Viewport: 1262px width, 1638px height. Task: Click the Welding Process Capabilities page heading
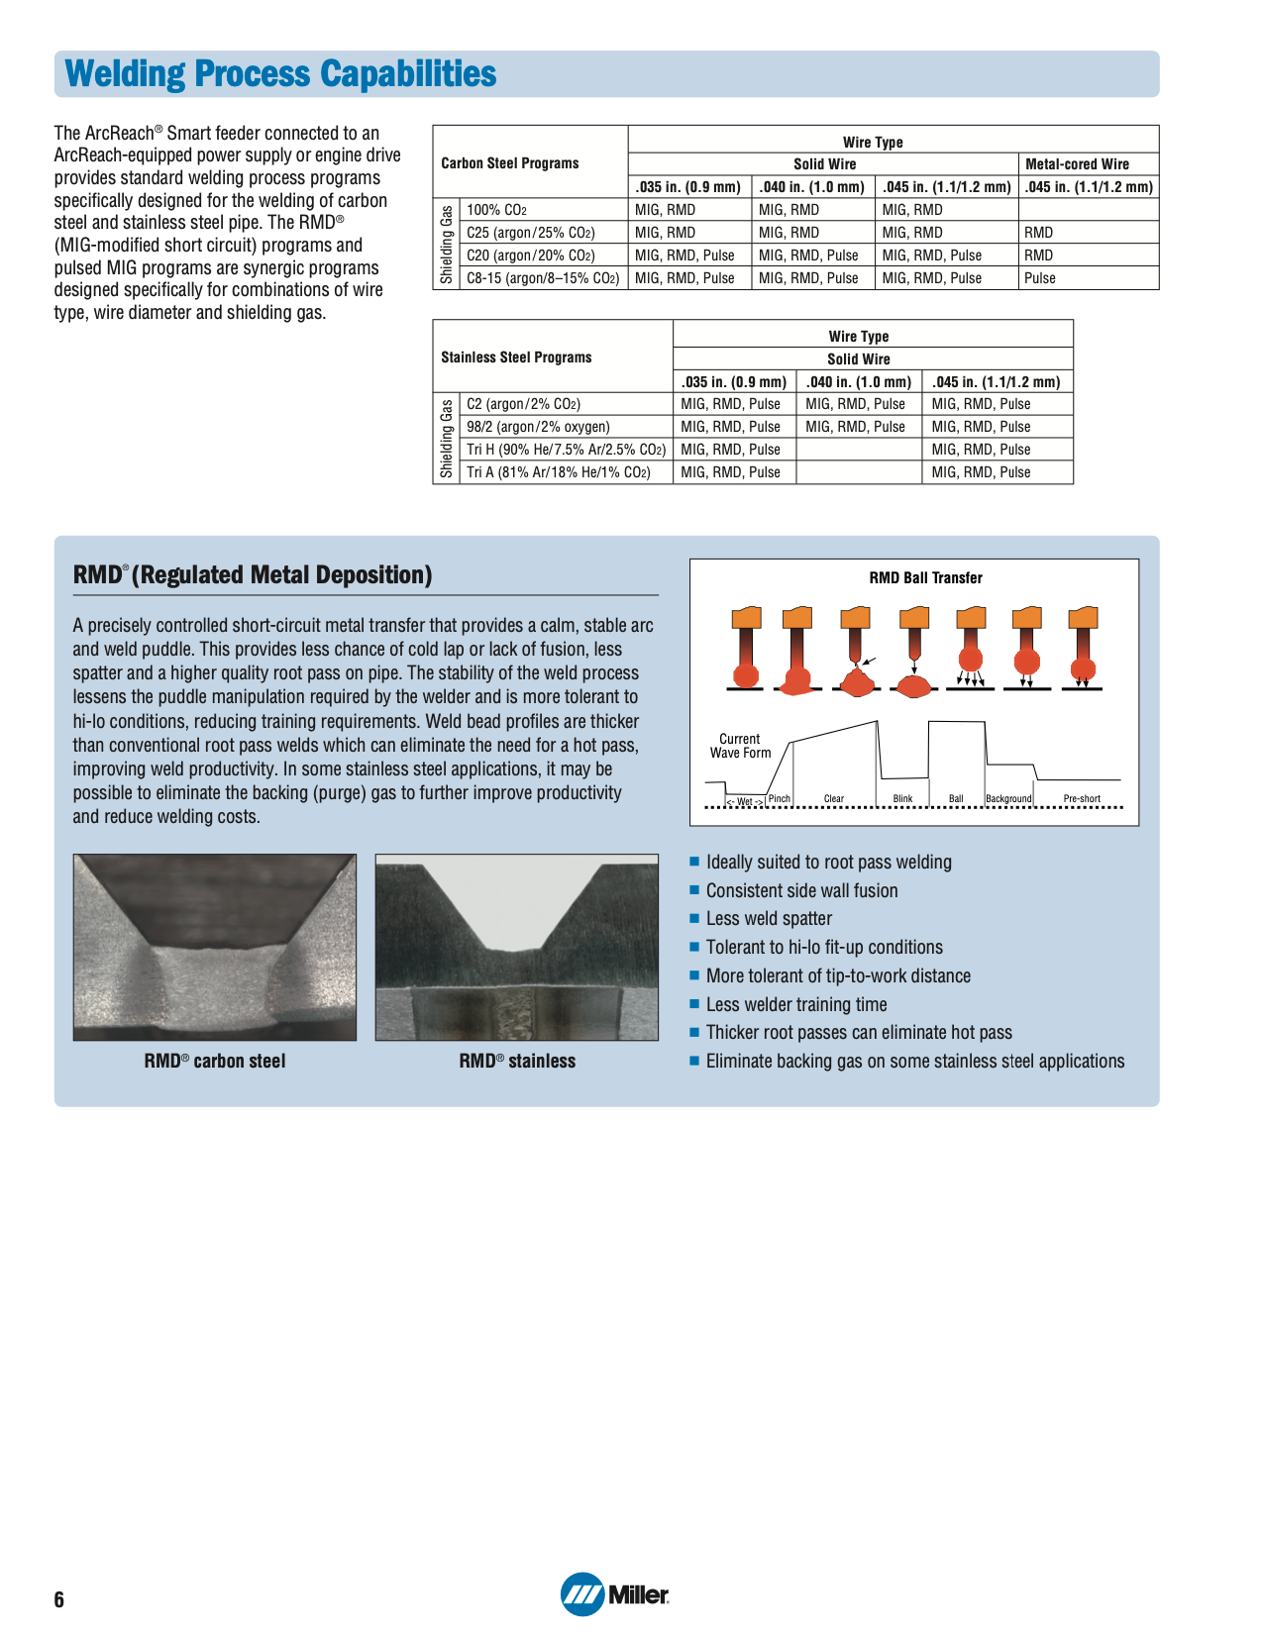pyautogui.click(x=280, y=74)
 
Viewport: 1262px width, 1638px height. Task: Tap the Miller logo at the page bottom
pyautogui.click(x=615, y=1593)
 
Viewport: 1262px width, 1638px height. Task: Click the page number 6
pyautogui.click(x=59, y=1599)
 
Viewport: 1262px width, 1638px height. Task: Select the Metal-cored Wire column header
pyautogui.click(x=1077, y=164)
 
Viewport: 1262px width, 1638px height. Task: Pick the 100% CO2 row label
pyautogui.click(x=497, y=210)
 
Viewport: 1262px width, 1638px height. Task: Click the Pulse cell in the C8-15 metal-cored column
pyautogui.click(x=1040, y=278)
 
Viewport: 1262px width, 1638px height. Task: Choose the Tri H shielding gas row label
pyautogui.click(x=566, y=450)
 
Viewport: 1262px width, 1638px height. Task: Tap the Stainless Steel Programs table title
pyautogui.click(x=516, y=358)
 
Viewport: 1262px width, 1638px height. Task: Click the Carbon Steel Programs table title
pyautogui.click(x=509, y=163)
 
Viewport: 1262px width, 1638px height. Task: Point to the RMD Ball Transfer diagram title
pyautogui.click(x=925, y=578)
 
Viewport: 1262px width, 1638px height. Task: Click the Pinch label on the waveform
pyautogui.click(x=780, y=799)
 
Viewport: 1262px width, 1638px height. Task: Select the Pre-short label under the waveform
pyautogui.click(x=1082, y=799)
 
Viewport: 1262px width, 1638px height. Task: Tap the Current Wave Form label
pyautogui.click(x=740, y=746)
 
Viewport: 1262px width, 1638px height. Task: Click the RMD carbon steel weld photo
pyautogui.click(x=215, y=947)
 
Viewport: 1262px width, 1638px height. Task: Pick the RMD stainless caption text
pyautogui.click(x=517, y=1061)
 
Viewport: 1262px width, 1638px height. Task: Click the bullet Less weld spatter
pyautogui.click(x=769, y=919)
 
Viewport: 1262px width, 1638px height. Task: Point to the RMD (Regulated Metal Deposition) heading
pyautogui.click(x=253, y=575)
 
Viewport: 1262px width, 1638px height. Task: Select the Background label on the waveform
pyautogui.click(x=1008, y=799)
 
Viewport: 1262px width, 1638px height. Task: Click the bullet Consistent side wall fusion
pyautogui.click(x=801, y=891)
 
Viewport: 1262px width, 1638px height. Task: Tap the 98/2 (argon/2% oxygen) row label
pyautogui.click(x=538, y=427)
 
